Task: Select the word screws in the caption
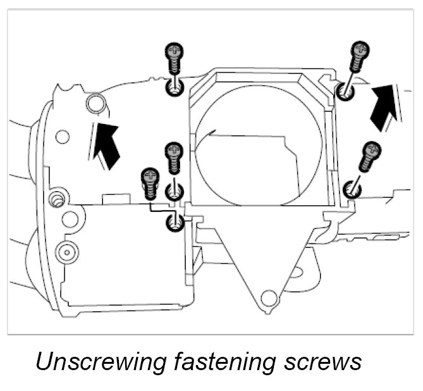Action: (322, 362)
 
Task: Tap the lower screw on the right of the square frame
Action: (369, 158)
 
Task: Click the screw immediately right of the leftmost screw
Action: (173, 158)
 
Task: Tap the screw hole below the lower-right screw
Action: (352, 189)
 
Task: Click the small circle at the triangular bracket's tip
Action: (269, 296)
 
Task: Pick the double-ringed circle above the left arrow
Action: (96, 102)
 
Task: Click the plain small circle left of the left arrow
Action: (63, 135)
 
